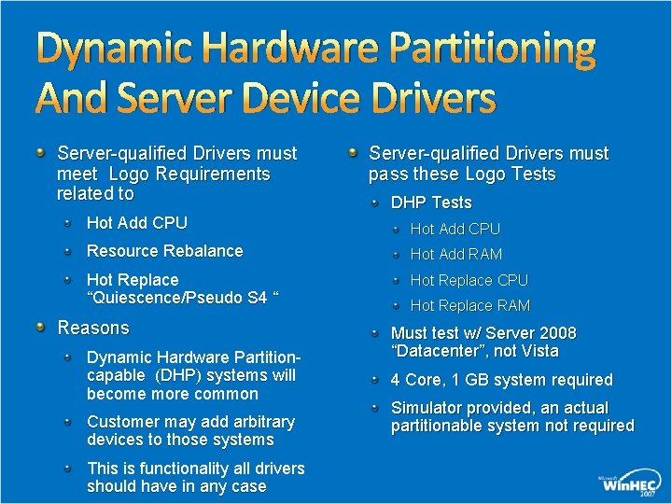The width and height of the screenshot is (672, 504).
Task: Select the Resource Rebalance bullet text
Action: [164, 251]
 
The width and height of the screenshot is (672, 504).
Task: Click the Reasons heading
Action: [93, 328]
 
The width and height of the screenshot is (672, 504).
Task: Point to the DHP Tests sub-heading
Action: [431, 203]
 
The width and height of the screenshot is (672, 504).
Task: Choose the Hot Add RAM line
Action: [456, 254]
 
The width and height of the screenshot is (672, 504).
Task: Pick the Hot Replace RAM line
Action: [470, 305]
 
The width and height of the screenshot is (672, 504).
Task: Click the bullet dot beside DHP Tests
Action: [374, 202]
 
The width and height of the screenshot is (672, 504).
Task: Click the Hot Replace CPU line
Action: [469, 280]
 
